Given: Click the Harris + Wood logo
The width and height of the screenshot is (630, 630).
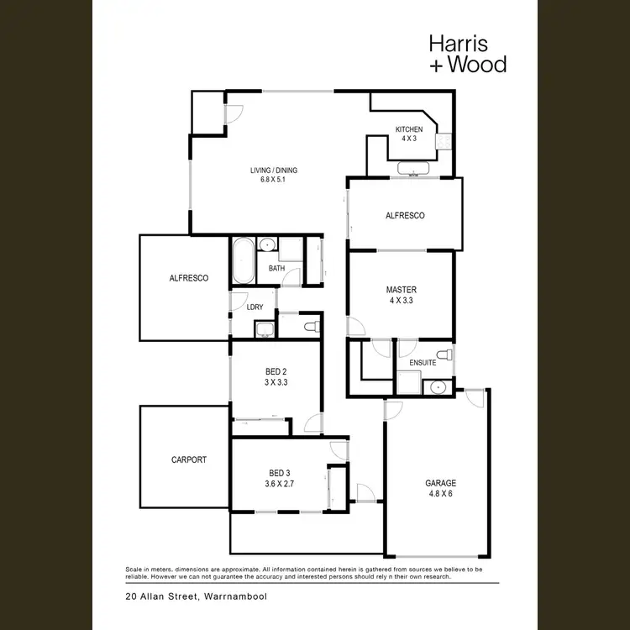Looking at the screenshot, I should point(467,53).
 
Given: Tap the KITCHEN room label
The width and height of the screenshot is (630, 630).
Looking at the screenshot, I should point(409,129).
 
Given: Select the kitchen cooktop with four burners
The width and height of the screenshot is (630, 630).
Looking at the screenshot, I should point(444,142).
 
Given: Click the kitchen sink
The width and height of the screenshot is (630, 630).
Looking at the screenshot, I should point(413,171).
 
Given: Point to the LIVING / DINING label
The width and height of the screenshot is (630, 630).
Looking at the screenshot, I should point(273,171).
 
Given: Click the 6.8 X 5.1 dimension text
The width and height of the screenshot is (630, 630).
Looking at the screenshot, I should point(273,180).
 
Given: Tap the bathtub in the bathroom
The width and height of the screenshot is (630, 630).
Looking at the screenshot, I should point(242,261).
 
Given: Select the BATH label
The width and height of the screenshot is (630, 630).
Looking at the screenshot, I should point(276,269).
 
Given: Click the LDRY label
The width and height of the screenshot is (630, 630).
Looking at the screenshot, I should point(255,307).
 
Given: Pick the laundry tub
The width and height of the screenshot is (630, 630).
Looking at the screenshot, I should point(264,328).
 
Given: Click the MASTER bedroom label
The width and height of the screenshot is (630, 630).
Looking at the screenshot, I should point(401,290).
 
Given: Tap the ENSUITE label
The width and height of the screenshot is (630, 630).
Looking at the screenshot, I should point(423,363).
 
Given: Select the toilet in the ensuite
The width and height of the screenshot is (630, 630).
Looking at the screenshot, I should point(448,356).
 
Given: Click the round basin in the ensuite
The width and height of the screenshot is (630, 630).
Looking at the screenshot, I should point(438,386).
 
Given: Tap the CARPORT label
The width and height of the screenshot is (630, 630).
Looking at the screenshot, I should point(188,459).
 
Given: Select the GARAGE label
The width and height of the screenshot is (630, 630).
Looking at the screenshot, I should point(439,483).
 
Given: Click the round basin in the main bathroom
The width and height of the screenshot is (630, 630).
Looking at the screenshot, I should point(267,245).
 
